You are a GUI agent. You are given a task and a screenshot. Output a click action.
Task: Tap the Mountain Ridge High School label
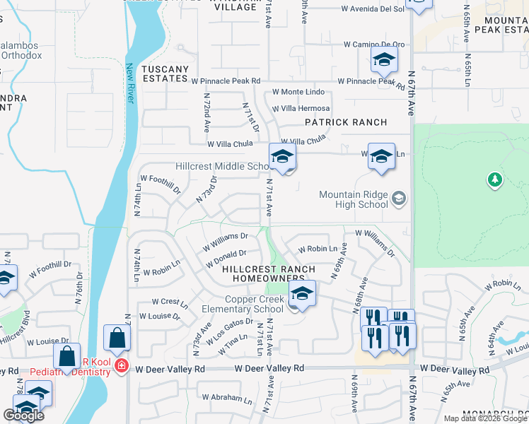[354, 199]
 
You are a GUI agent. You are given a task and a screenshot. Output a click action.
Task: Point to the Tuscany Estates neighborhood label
[165, 73]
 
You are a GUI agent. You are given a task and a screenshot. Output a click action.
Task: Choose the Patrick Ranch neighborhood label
[346, 122]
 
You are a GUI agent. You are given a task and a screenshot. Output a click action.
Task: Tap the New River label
[130, 83]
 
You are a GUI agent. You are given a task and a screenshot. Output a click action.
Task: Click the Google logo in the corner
[23, 416]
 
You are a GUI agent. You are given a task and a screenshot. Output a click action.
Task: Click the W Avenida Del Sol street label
[373, 9]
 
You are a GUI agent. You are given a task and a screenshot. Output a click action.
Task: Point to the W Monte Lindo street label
[298, 93]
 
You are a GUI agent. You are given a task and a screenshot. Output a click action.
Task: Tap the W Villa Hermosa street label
[301, 108]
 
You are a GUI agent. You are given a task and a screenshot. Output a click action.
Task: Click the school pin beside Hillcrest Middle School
[281, 158]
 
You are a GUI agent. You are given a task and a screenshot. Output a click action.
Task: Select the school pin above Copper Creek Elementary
[302, 295]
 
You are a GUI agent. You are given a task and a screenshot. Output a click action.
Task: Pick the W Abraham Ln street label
[227, 397]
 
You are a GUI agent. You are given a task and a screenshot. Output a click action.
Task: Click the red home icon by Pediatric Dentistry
[122, 366]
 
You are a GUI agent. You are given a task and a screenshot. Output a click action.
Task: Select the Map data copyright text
[485, 418]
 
